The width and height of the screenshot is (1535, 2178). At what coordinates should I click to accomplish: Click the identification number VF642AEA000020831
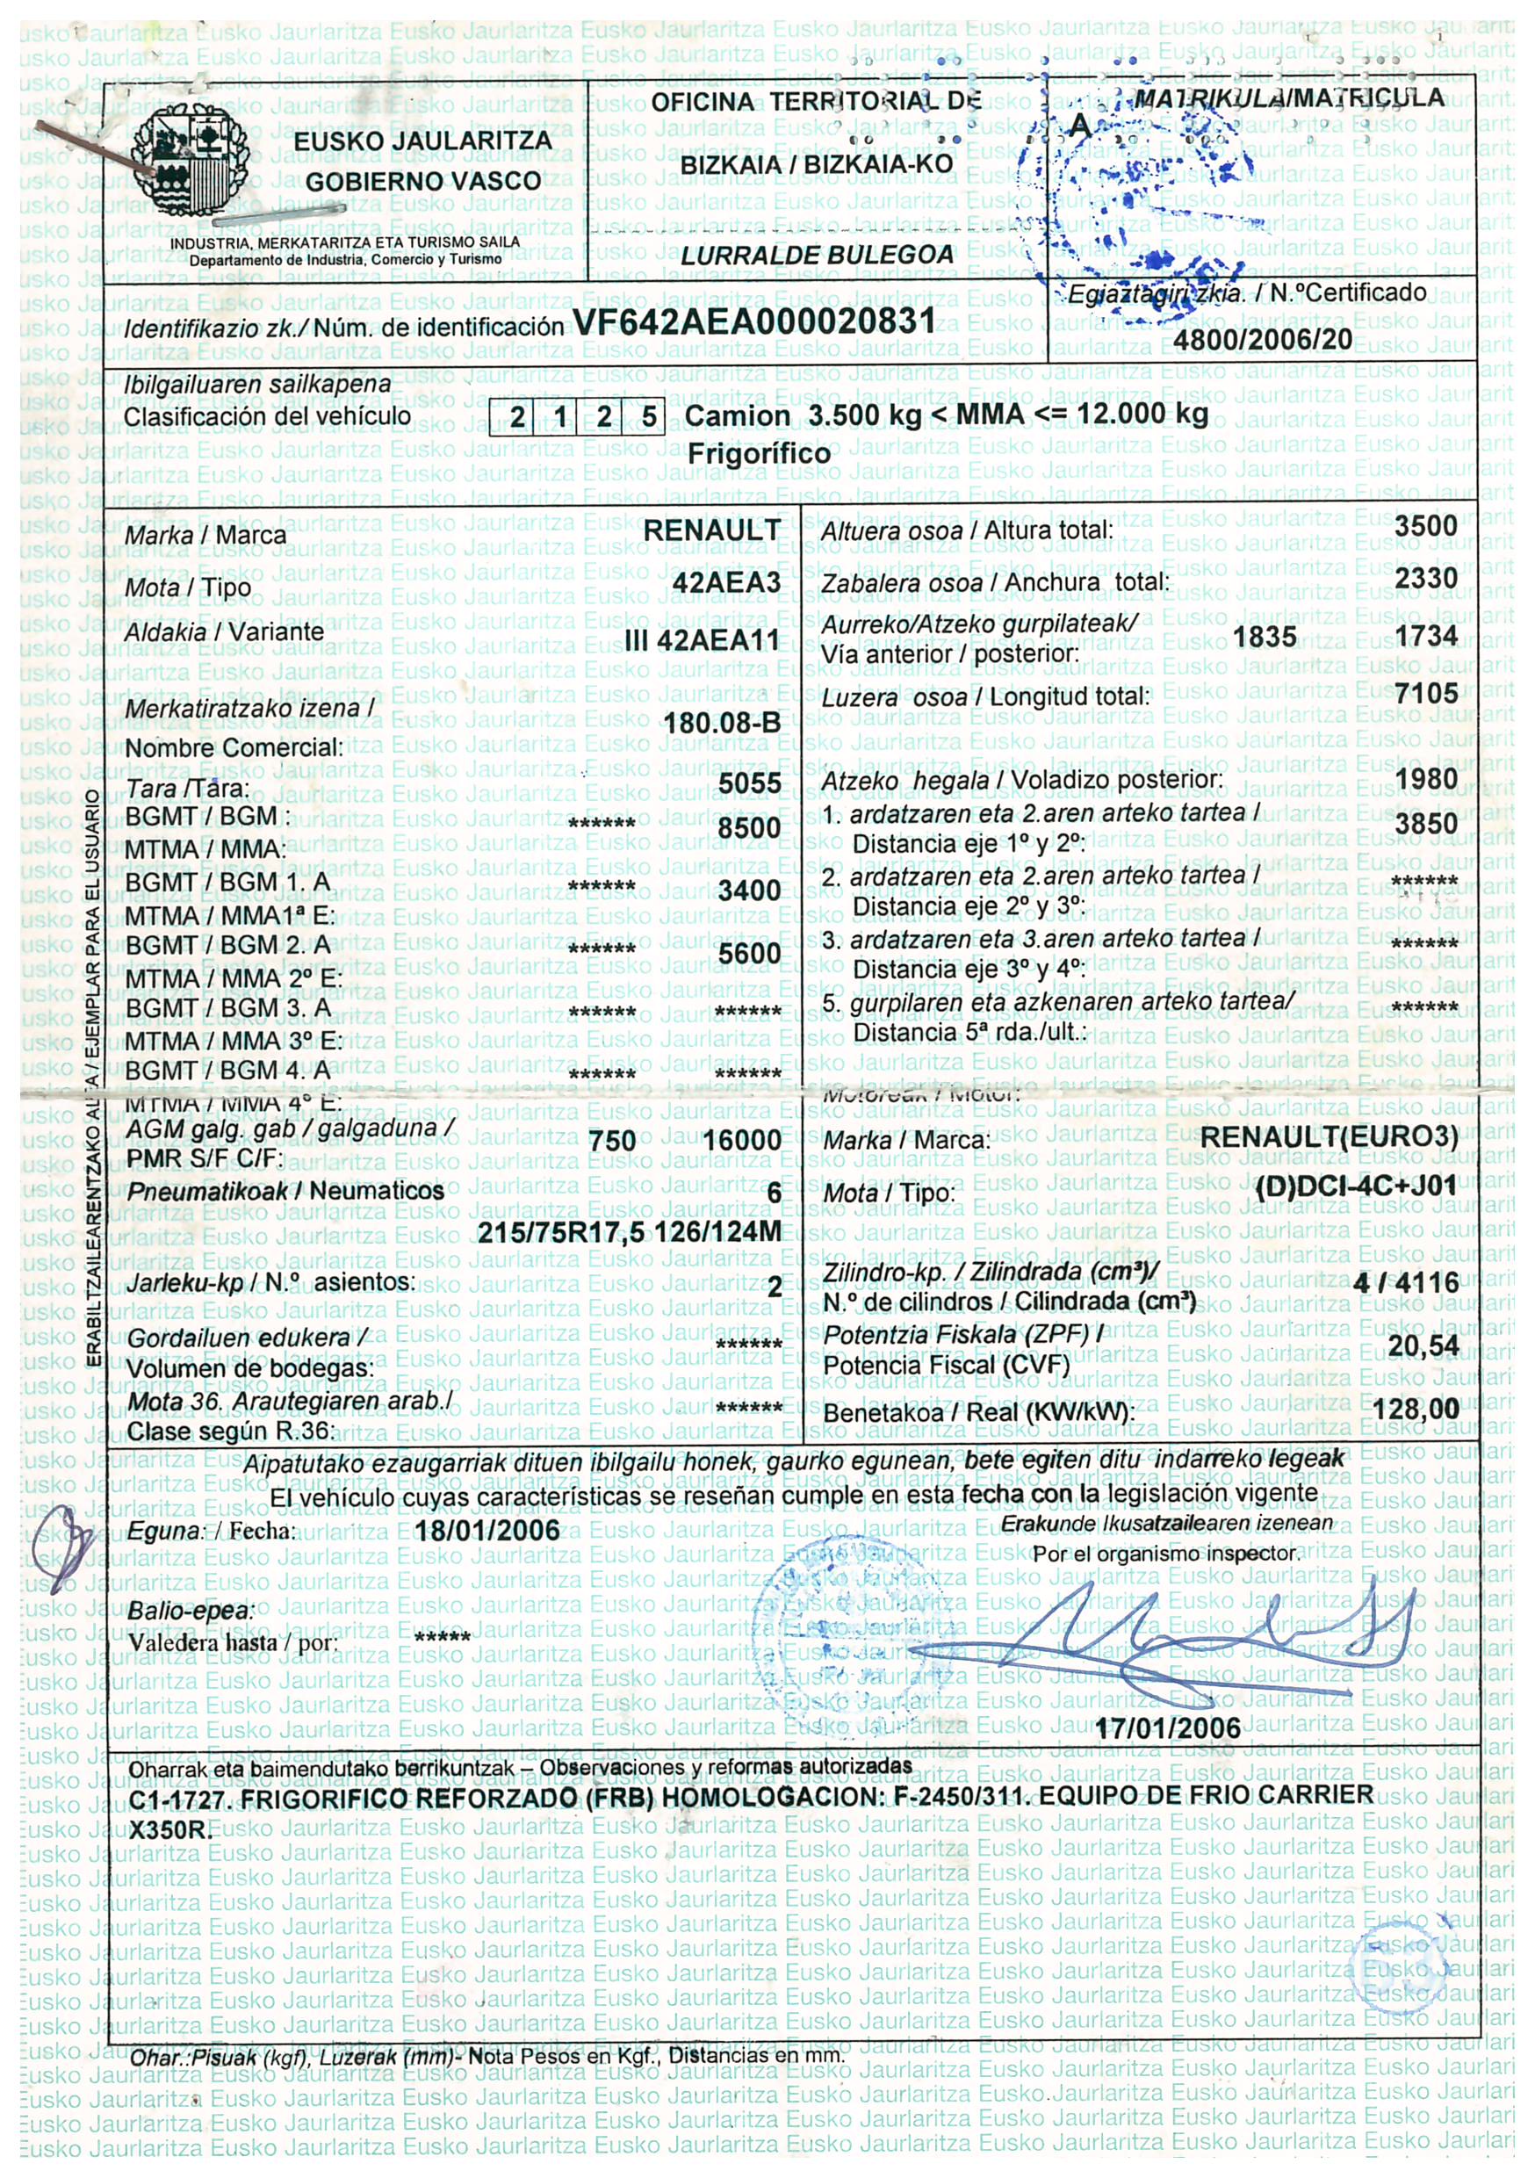(754, 321)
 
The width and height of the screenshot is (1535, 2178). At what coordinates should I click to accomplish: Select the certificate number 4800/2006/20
(1263, 339)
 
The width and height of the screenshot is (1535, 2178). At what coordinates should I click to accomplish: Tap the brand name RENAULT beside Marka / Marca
(711, 530)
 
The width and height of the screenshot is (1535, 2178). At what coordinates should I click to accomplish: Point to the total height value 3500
(1425, 526)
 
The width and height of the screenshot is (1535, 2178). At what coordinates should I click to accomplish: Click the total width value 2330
(1425, 579)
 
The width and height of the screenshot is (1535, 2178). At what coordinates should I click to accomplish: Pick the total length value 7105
(1425, 694)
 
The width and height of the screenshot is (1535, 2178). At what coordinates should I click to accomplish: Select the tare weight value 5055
(749, 783)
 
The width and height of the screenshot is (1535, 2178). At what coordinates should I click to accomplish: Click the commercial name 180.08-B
(722, 724)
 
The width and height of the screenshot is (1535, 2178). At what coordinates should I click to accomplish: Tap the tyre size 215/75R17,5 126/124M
(629, 1232)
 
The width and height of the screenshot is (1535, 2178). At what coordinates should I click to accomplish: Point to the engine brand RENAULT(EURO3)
(1328, 1136)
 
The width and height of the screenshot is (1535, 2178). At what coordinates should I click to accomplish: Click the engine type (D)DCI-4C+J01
(1355, 1187)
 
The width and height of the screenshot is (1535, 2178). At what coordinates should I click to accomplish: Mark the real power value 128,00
(1416, 1409)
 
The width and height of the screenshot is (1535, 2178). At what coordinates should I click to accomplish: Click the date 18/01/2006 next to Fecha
(487, 1532)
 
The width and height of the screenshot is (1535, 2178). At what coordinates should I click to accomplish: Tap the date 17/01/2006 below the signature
(1168, 1727)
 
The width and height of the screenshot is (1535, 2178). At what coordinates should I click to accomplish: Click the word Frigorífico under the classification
(759, 453)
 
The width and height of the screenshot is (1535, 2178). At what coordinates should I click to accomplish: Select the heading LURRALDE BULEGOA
(817, 256)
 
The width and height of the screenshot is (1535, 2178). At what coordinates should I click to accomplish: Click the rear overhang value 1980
(1425, 780)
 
